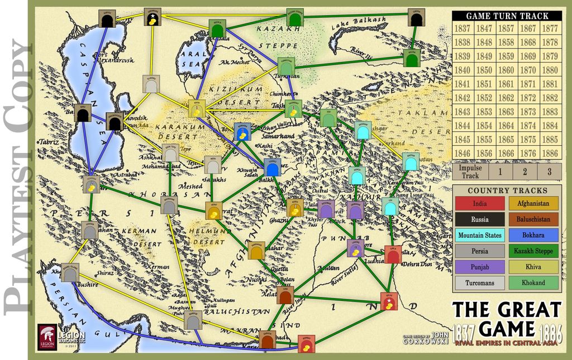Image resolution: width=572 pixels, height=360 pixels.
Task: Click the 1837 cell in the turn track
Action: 462,28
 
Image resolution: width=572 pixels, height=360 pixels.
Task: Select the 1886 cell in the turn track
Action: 550,153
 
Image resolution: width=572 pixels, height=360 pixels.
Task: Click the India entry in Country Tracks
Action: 479,204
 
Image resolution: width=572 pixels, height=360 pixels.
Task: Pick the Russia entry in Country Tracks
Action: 479,219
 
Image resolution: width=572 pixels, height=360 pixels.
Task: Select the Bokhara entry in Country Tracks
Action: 533,235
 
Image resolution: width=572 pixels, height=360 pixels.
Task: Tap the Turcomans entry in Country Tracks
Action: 479,282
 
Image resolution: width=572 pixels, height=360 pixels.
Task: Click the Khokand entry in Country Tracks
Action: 533,282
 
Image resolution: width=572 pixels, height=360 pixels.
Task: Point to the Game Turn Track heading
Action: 507,16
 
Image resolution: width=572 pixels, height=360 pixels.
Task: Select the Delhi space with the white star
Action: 389,301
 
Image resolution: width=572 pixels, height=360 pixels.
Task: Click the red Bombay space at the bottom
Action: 306,344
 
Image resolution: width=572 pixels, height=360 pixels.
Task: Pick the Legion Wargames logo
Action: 47,335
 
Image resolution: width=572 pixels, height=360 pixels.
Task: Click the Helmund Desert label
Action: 211,231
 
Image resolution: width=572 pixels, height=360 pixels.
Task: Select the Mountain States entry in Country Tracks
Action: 479,235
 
